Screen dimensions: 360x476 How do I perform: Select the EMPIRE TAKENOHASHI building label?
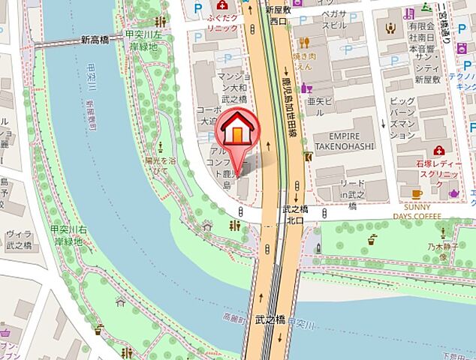pos(344,141)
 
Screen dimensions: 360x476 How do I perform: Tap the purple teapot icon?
pos(453,194)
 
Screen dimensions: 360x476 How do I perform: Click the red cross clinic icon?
pos(438,150)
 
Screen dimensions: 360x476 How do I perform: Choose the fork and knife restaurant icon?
pos(305,43)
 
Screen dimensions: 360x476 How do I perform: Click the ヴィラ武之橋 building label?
pos(18,238)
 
